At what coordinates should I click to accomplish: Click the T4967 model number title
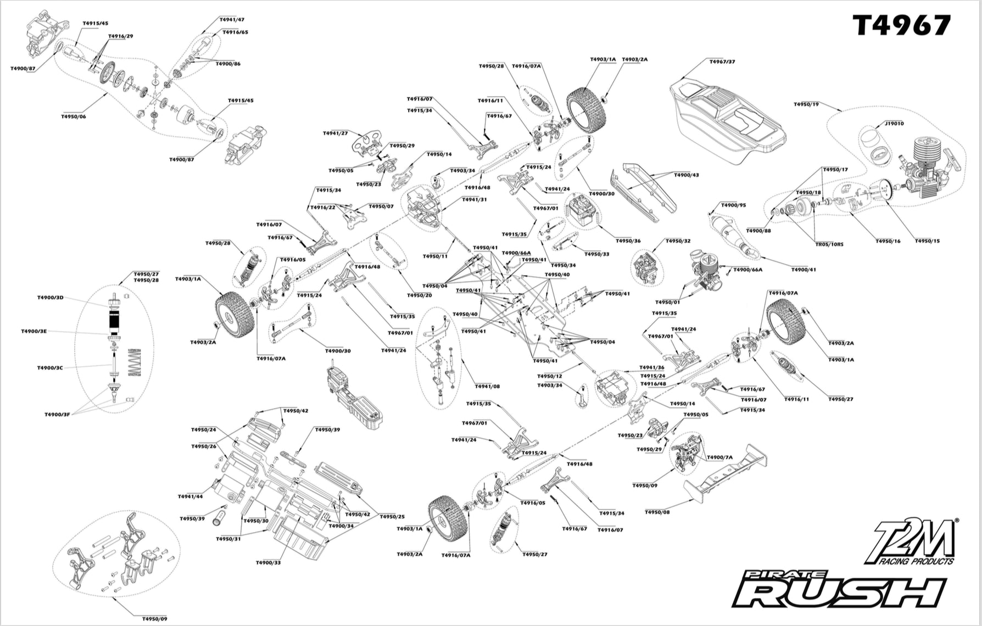[x=901, y=26]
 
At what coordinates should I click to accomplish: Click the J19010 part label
[x=894, y=124]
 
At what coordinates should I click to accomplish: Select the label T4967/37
[x=722, y=62]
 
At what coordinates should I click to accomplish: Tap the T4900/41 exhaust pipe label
[x=803, y=270]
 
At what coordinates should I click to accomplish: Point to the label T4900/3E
[x=34, y=332]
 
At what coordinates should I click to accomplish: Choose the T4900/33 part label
[x=268, y=563]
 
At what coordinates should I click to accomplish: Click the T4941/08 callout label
[x=487, y=387]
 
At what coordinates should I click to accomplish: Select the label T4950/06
[x=74, y=117]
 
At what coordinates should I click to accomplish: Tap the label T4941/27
[x=335, y=133]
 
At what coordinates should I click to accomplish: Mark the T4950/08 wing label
[x=657, y=512]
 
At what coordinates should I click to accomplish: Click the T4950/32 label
[x=678, y=241]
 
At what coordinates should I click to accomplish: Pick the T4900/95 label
[x=733, y=205]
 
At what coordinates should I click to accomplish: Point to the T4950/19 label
[x=806, y=104]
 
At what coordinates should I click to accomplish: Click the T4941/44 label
[x=190, y=497]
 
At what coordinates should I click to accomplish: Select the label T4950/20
[x=419, y=295]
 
